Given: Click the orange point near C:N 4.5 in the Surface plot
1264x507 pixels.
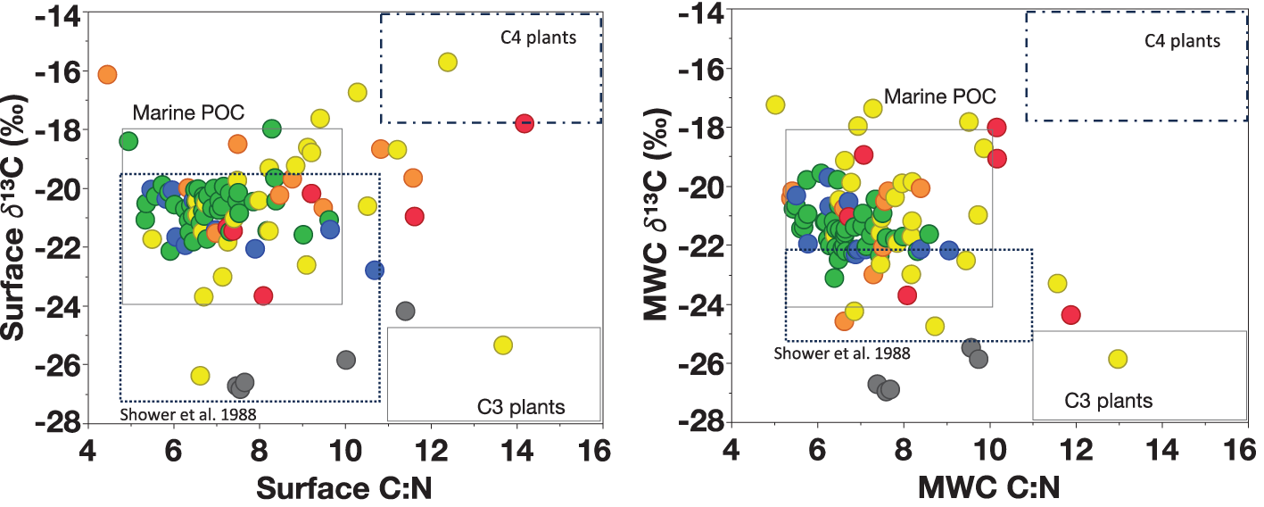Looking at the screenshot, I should coord(107,75).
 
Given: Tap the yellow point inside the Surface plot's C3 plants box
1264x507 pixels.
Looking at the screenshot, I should coord(503,345).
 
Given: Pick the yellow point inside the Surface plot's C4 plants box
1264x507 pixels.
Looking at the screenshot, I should coord(448,62).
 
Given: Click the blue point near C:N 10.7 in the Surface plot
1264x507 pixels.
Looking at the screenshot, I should coord(375,270).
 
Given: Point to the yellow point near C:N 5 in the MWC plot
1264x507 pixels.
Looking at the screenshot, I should coord(775,104).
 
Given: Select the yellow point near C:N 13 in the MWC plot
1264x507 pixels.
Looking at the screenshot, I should coord(1118,359).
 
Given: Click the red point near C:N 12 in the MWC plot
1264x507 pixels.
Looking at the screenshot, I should coord(1071,315).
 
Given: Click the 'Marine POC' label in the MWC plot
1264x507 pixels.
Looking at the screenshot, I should coord(939,96).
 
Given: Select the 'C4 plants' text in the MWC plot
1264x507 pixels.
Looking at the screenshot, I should coord(1182,40).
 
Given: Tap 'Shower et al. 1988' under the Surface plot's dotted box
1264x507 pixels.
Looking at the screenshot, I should coord(182,414).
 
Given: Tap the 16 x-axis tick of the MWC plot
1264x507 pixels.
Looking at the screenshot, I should coord(1245,448).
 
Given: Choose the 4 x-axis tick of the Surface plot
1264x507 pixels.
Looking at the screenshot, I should coord(88,448).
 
